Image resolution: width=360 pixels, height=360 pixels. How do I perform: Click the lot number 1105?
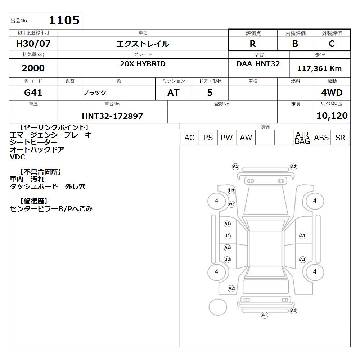tap(64, 20)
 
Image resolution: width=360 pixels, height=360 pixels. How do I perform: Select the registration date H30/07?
tap(33, 44)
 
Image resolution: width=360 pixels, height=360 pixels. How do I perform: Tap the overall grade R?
tap(253, 44)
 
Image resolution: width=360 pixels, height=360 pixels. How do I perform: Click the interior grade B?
tap(295, 44)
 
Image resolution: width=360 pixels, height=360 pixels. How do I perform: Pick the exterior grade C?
tap(332, 44)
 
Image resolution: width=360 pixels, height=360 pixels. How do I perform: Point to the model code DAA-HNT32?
tap(258, 64)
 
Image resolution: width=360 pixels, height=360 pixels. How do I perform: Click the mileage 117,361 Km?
tap(319, 68)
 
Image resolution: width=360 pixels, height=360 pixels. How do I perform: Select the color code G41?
tap(33, 93)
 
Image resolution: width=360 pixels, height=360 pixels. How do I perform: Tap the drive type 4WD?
tap(332, 93)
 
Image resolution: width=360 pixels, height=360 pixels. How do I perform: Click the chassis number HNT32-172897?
tap(112, 116)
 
